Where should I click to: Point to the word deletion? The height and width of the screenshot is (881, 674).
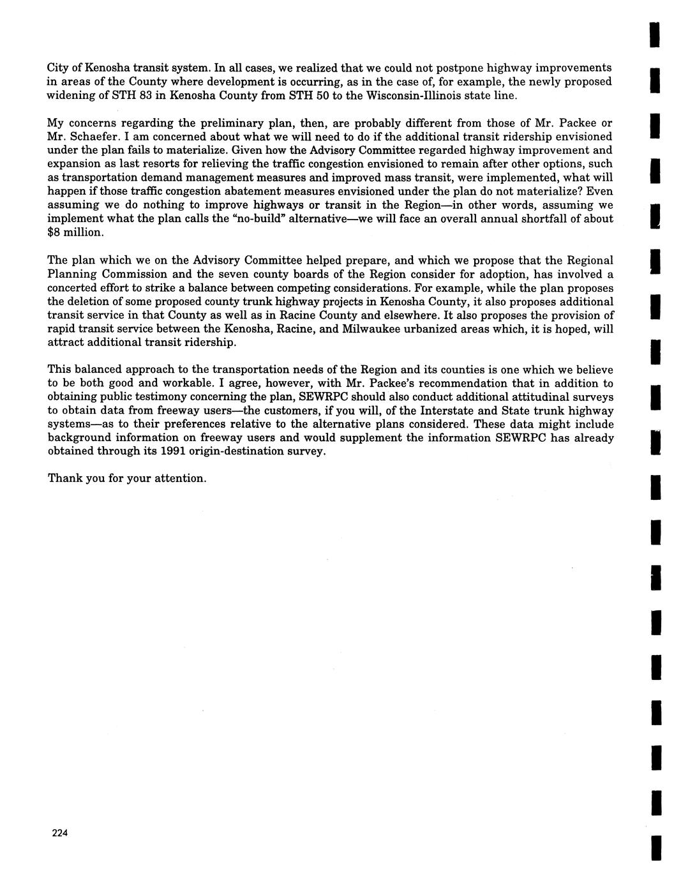point(89,301)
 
